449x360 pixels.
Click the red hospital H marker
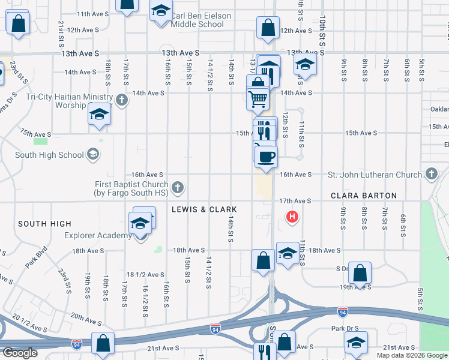click(292, 217)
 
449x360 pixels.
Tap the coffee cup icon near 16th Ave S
click(266, 157)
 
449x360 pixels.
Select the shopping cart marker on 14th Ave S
click(258, 98)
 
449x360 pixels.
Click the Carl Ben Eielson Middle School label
click(197, 20)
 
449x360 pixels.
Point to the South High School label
click(49, 155)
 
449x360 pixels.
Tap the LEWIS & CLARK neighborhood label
click(204, 209)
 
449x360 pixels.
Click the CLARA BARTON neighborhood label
click(364, 196)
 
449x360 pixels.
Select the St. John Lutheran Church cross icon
click(430, 174)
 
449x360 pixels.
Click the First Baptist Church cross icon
click(177, 188)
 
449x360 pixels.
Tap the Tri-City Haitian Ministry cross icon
click(122, 99)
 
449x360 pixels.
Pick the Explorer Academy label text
click(98, 236)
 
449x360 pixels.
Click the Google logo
click(20, 353)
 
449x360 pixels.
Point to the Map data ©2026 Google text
click(412, 355)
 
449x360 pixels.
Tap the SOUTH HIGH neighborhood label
click(44, 224)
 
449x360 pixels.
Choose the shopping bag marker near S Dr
click(360, 273)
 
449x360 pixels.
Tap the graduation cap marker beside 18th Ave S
click(288, 253)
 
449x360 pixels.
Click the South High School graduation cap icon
click(92, 155)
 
